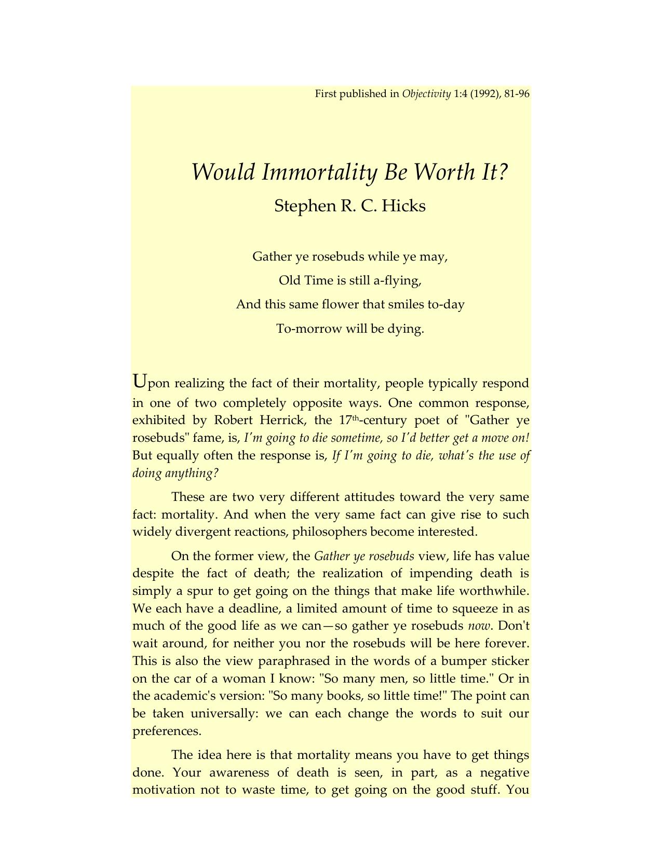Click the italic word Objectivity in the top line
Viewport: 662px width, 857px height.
426,94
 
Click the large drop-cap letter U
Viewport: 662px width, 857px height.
140,382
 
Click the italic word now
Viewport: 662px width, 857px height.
478,626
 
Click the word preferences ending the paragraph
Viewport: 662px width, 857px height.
167,731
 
